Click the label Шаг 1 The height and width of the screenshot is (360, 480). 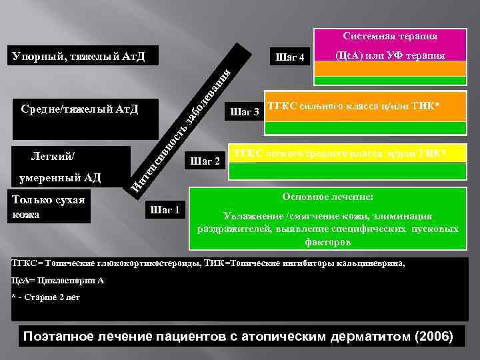[x=165, y=210]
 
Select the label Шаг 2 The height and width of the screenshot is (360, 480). [x=205, y=161]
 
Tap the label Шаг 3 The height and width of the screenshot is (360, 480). [x=243, y=111]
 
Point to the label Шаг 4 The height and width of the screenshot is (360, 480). [x=290, y=58]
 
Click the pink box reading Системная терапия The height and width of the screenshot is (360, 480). [x=390, y=36]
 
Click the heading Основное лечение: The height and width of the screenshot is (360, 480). [x=327, y=198]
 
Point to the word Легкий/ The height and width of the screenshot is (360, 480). [x=53, y=157]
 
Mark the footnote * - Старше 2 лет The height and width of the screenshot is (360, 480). [x=46, y=297]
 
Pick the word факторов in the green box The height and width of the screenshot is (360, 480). [x=327, y=243]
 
